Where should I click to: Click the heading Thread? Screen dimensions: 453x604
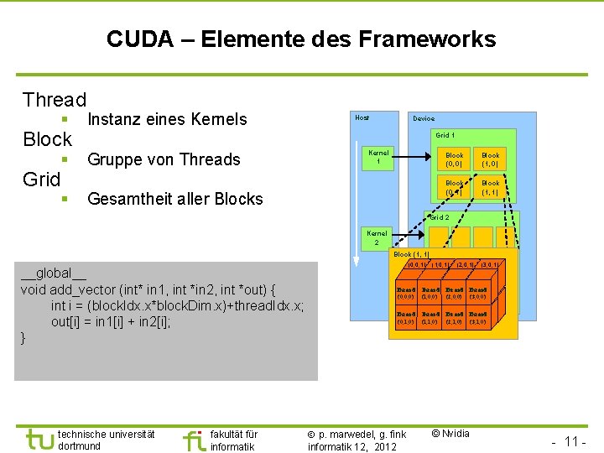55,100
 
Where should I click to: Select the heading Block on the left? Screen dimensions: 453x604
48,139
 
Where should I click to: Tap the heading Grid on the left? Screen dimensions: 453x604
42,179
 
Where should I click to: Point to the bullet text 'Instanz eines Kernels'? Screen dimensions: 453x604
167,119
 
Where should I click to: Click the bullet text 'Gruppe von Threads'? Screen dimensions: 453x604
164,159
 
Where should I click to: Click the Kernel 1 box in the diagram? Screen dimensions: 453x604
378,157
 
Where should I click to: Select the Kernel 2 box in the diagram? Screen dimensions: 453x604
377,237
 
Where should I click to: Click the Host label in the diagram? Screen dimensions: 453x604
362,117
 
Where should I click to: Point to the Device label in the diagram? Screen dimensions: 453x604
423,118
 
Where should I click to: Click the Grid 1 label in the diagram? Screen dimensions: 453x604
445,135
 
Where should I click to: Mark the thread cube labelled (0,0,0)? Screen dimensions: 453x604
405,293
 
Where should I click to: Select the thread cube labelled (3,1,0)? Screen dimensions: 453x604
478,317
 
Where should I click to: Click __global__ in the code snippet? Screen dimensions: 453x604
54,273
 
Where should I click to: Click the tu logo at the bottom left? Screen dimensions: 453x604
39,439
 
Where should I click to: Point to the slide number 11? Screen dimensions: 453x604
573,441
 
